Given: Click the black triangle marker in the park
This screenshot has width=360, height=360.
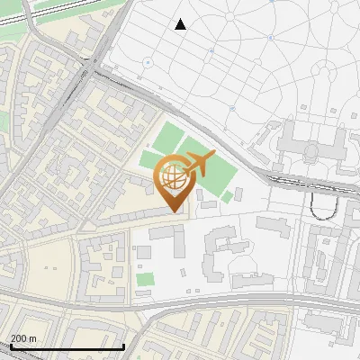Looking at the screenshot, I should point(181,24).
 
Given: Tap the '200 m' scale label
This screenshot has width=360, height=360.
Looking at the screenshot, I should point(23,337).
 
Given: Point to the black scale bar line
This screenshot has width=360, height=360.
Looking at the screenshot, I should point(67,346).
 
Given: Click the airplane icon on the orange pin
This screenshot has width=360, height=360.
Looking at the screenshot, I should point(196,165).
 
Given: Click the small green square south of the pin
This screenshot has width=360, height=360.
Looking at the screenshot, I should point(145,279).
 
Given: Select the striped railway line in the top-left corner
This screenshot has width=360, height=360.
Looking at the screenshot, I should point(54,13).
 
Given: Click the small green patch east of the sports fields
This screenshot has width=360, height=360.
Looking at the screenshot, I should point(228,196).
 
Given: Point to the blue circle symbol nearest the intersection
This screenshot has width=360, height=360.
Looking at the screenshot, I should point(146,62).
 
